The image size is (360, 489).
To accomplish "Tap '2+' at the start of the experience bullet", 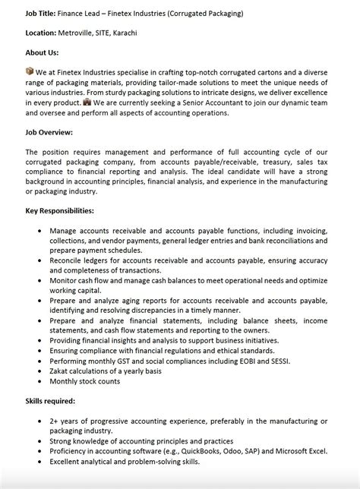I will point(55,420).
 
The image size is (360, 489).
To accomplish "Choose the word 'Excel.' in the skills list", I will point(314,451).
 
